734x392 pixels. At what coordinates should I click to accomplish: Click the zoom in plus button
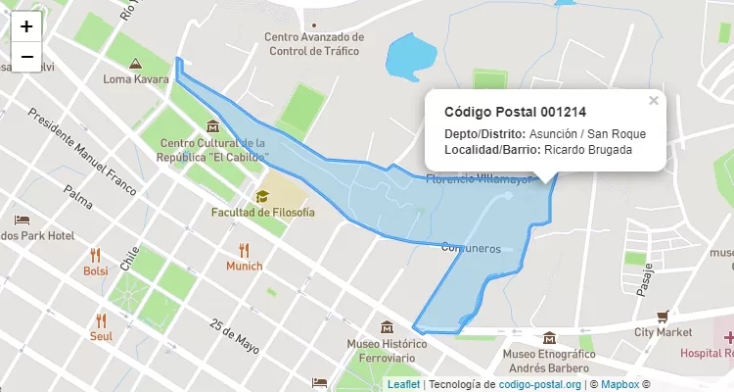click(x=26, y=26)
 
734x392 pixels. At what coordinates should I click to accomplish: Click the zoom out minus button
click(x=26, y=57)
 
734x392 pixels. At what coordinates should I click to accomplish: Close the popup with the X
click(x=654, y=100)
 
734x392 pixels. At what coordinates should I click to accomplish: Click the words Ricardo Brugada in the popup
click(x=587, y=150)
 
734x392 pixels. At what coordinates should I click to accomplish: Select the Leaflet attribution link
click(x=403, y=385)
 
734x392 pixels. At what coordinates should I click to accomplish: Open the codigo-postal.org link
click(x=540, y=385)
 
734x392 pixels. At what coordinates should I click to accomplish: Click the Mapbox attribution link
click(x=619, y=385)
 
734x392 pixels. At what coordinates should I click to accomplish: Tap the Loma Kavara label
click(x=136, y=78)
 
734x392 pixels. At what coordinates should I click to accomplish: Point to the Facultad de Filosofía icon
click(x=262, y=196)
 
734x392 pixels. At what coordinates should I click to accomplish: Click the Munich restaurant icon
click(x=244, y=250)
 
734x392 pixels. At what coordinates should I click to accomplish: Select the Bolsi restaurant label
click(x=96, y=270)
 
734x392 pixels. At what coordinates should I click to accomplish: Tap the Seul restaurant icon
click(x=101, y=319)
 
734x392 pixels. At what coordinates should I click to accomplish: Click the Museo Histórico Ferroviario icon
click(x=388, y=326)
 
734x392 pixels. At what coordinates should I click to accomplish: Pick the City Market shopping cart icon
click(x=663, y=316)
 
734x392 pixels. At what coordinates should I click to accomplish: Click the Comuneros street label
click(x=471, y=249)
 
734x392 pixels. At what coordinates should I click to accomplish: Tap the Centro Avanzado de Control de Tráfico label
click(x=313, y=44)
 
